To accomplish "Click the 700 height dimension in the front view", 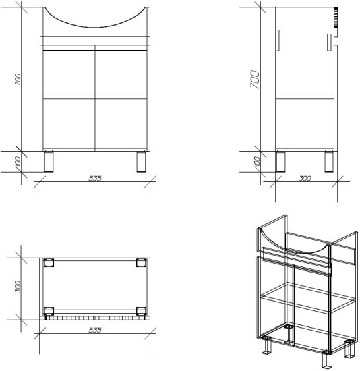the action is coord(18,80).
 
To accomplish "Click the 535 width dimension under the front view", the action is coord(95,178).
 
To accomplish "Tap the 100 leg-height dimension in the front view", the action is coord(18,162).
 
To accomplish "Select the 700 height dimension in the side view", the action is coord(255,80).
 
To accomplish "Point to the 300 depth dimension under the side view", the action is coord(305,178).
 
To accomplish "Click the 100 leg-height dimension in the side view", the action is coord(257,162).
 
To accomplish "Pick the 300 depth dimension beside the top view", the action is coord(18,287).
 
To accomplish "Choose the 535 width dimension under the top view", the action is coord(95,330).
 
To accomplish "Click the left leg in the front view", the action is coord(49,161).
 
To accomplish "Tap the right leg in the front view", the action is coord(141,161).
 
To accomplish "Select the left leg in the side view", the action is coord(280,161).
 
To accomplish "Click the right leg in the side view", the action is coord(329,161).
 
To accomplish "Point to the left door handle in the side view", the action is coord(278,40).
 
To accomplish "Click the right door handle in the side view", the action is coord(329,42).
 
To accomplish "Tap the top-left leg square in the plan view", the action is coord(49,263).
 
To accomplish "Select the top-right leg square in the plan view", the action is coord(141,263).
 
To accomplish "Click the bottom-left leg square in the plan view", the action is coord(49,311).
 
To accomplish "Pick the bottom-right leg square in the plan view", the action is coord(141,311).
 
